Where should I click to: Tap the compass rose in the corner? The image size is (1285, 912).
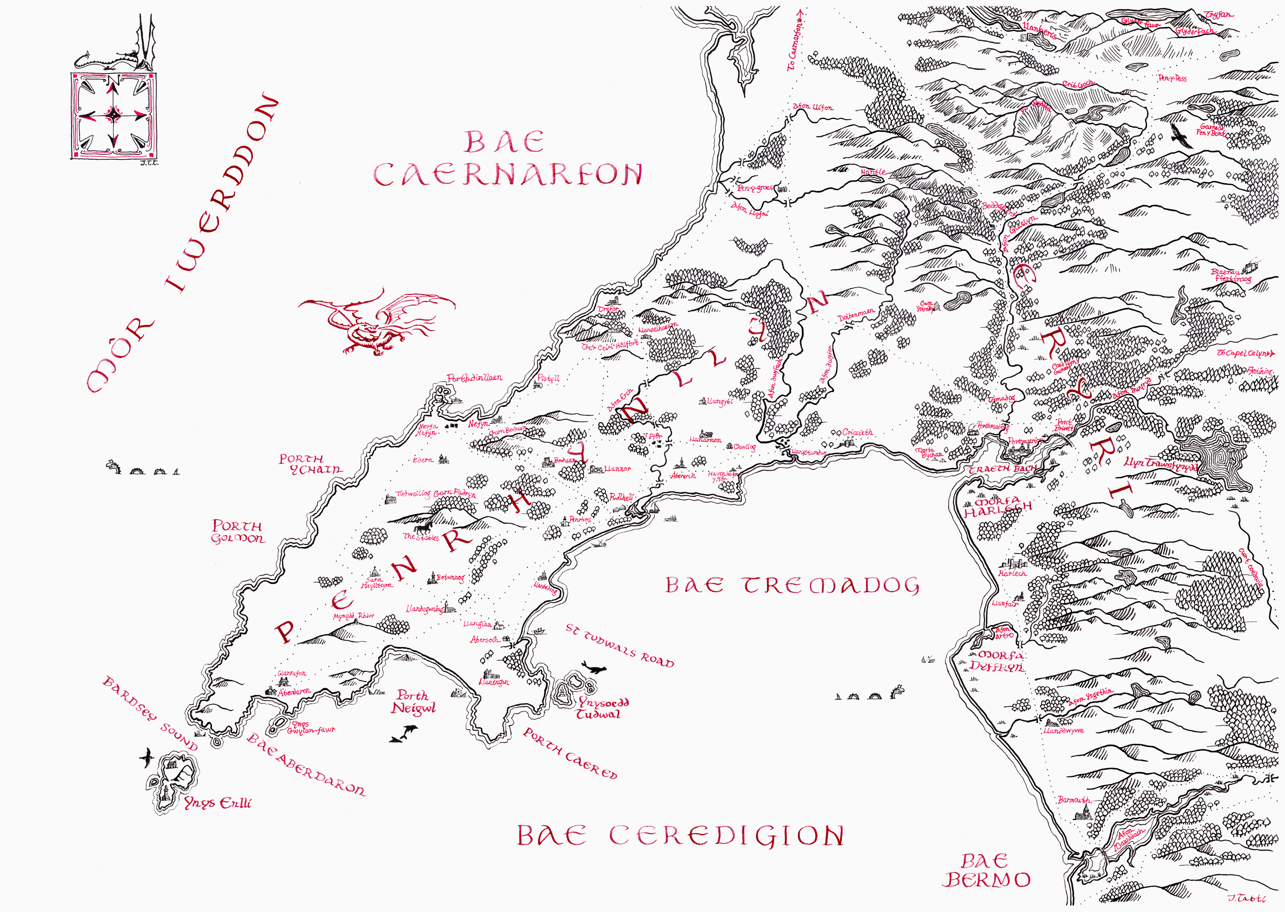coord(114,115)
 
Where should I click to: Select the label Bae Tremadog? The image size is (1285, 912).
coord(792,586)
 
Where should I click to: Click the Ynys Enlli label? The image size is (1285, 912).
coord(218,803)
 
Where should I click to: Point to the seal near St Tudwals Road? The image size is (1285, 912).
coord(594,668)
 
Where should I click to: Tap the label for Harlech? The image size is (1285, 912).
coord(1012,573)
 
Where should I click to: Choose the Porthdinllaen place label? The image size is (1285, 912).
coord(475,378)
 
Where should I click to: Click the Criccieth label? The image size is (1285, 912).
coord(858,432)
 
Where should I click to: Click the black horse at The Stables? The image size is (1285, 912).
coord(423,528)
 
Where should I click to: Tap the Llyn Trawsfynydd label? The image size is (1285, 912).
coord(1160,464)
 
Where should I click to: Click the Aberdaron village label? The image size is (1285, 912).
coord(294,692)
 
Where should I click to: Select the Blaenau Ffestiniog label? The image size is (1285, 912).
coord(1231,275)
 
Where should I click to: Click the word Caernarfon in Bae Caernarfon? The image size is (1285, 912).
coord(507,175)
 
